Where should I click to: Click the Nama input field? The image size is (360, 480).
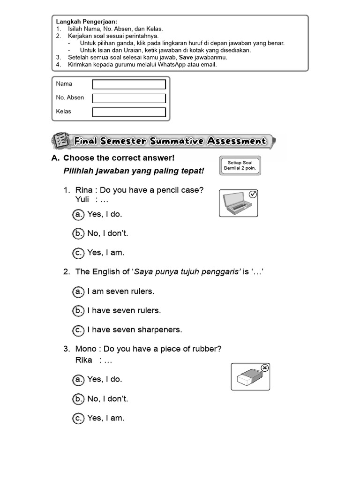[129, 84]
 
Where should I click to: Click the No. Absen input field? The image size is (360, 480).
[129, 98]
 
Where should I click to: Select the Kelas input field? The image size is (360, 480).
[129, 112]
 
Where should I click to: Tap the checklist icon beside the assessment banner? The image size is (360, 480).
[60, 140]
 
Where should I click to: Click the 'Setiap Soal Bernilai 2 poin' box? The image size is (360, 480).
[240, 166]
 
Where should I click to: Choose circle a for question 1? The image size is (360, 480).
[78, 214]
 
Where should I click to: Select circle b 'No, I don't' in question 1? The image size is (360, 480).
[78, 233]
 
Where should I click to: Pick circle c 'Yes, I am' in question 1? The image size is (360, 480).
[78, 253]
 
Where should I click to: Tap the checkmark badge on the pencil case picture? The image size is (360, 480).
[253, 195]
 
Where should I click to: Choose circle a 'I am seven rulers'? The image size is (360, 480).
[78, 292]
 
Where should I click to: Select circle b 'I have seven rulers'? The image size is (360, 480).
[78, 311]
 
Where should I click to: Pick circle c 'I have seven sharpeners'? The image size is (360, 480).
[78, 330]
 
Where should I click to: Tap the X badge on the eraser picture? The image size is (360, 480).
[264, 368]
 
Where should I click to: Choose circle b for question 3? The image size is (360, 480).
[78, 399]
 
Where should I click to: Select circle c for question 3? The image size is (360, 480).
[78, 418]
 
